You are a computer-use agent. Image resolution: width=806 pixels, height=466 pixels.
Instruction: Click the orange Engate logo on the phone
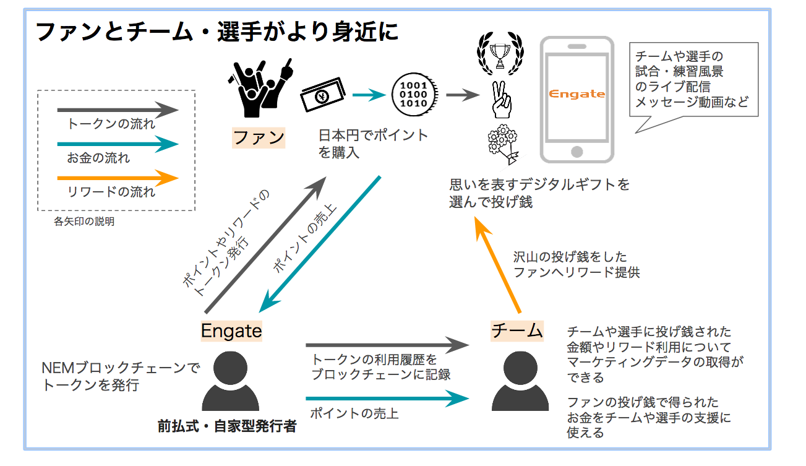pyautogui.click(x=577, y=94)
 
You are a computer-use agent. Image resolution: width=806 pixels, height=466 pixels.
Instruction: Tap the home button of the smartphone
pyautogui.click(x=577, y=152)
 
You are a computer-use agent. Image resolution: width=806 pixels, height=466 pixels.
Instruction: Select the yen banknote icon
pyautogui.click(x=322, y=95)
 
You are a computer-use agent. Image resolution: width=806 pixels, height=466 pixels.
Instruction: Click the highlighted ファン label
pyautogui.click(x=259, y=137)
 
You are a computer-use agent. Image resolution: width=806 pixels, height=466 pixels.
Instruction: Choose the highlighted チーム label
pyautogui.click(x=517, y=330)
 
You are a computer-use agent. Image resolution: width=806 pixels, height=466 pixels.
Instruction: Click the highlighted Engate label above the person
pyautogui.click(x=231, y=331)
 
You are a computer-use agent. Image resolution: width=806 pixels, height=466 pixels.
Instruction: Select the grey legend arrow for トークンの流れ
pyautogui.click(x=117, y=111)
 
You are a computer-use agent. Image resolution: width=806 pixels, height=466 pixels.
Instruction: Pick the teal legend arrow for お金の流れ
pyautogui.click(x=117, y=145)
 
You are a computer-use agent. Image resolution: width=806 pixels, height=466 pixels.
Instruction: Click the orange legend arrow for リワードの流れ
pyautogui.click(x=117, y=179)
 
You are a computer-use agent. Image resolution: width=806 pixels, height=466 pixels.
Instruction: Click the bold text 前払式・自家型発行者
pyautogui.click(x=227, y=426)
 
